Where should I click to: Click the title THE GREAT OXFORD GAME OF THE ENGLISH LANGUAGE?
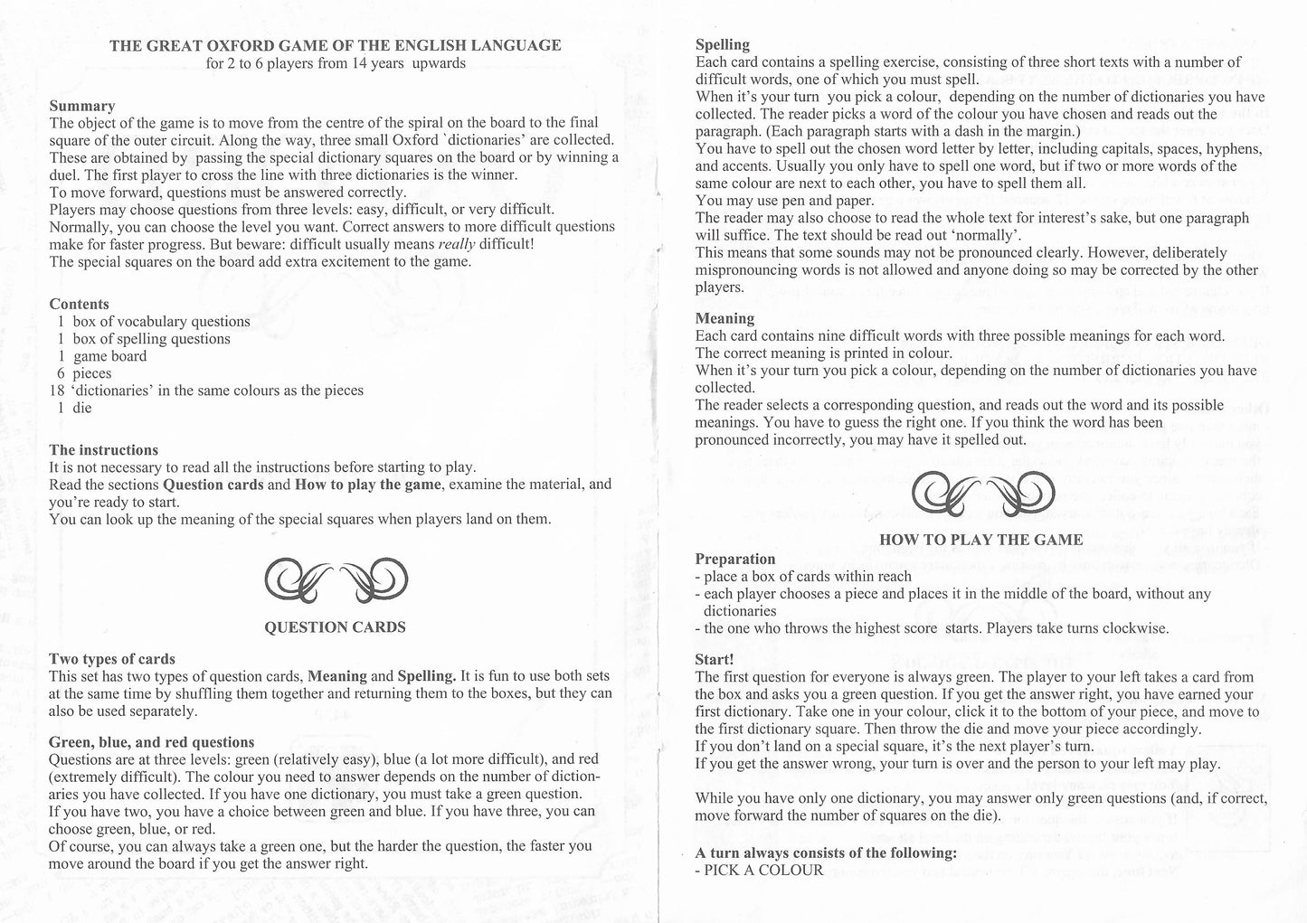click(335, 45)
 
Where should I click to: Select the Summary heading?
click(82, 106)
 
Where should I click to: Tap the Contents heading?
click(79, 304)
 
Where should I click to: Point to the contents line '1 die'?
click(75, 408)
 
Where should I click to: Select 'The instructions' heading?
click(103, 450)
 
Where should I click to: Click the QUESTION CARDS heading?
click(335, 626)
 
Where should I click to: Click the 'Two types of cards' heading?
click(111, 659)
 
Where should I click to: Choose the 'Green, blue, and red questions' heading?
click(151, 742)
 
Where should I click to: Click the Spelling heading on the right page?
click(722, 44)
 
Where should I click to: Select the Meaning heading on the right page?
click(725, 318)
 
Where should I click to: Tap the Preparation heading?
click(735, 559)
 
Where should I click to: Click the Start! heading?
click(715, 659)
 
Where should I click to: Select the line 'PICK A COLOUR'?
click(762, 871)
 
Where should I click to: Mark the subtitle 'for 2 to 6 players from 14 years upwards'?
click(335, 63)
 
